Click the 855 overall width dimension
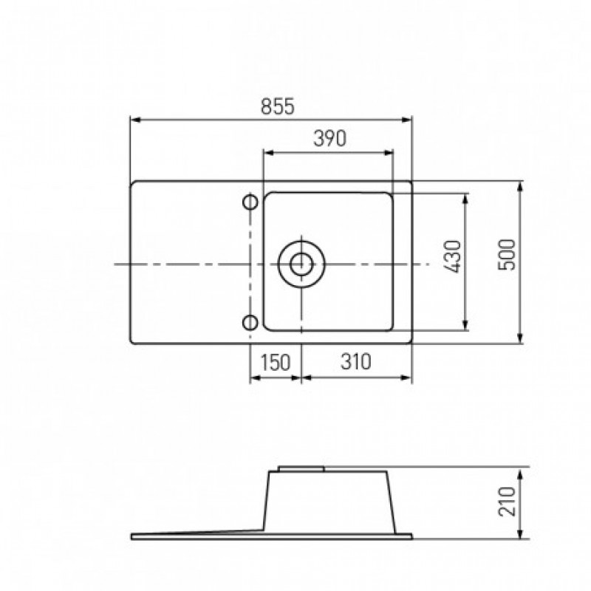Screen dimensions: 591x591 click(x=278, y=106)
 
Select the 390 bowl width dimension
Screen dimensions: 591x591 click(x=329, y=138)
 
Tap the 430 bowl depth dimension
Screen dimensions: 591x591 click(x=453, y=256)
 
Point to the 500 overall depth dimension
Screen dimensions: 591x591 click(x=506, y=254)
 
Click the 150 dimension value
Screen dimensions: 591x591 click(x=276, y=362)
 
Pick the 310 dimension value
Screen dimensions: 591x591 click(x=356, y=361)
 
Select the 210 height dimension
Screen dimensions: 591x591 click(x=507, y=502)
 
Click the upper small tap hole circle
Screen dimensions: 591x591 click(x=250, y=202)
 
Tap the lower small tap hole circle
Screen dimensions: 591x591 click(x=250, y=323)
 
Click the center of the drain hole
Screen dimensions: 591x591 click(x=301, y=264)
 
